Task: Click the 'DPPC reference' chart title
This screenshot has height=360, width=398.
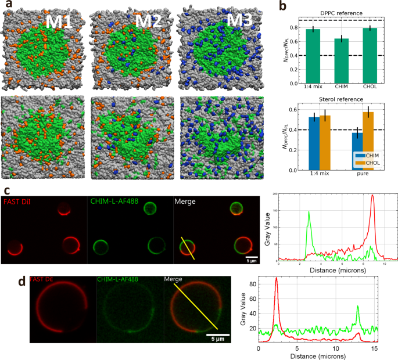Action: (342, 13)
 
